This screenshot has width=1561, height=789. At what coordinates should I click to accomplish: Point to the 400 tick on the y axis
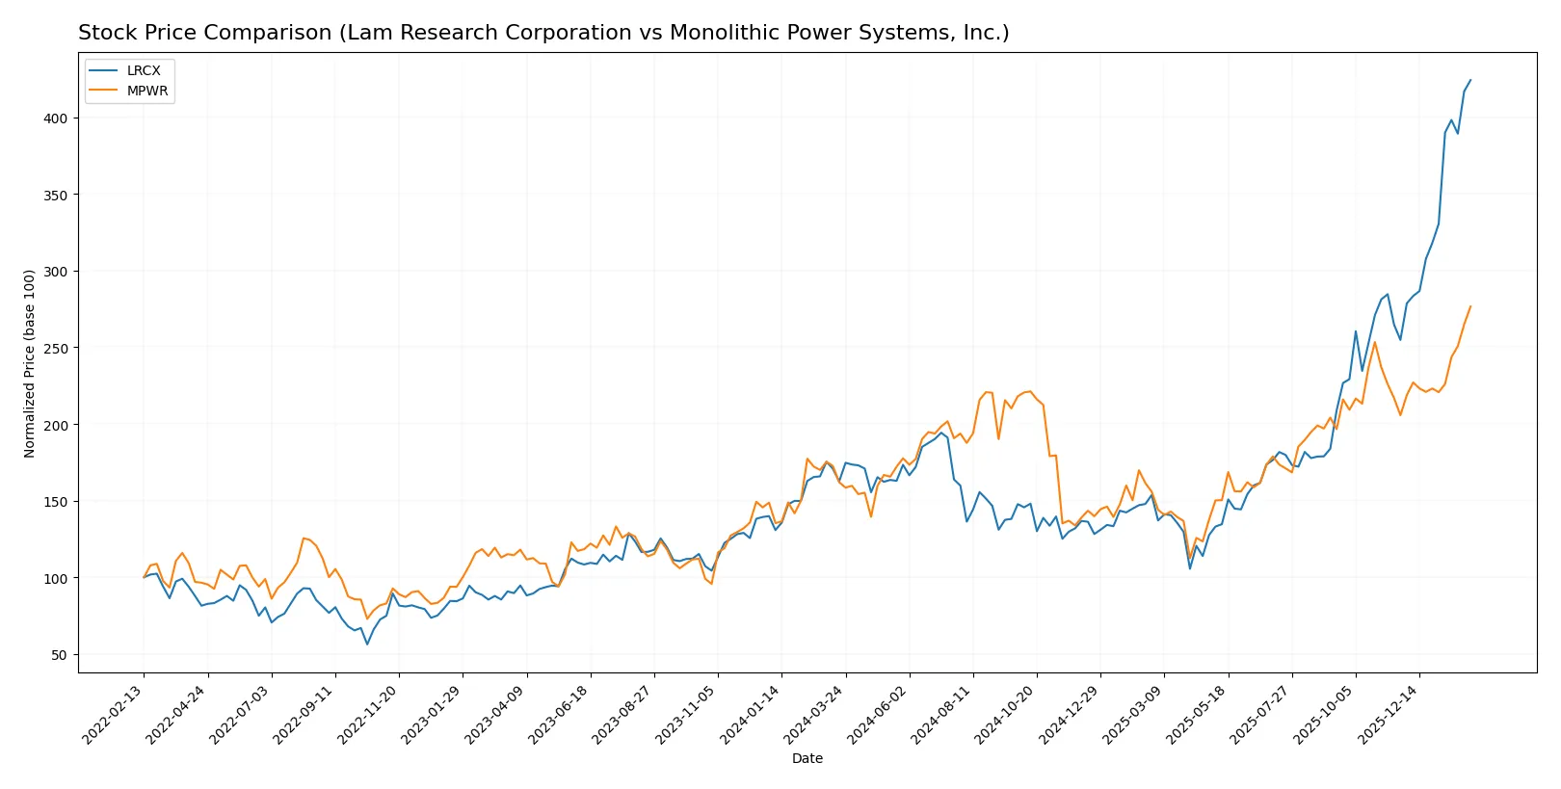click(56, 118)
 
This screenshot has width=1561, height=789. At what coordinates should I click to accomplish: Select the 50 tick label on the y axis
click(60, 655)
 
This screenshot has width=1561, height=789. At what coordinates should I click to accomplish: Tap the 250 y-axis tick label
click(56, 348)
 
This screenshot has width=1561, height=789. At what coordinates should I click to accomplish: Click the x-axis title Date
click(807, 758)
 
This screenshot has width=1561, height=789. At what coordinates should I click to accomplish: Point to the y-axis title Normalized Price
click(30, 363)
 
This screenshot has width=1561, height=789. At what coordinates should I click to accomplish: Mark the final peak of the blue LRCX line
click(1470, 80)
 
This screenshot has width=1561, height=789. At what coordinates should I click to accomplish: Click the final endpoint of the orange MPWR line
click(1470, 306)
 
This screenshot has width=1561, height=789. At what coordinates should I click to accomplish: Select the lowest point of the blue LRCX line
click(367, 644)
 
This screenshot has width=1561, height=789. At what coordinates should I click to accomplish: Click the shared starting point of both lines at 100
click(145, 577)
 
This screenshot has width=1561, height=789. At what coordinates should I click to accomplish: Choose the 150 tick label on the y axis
click(56, 502)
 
